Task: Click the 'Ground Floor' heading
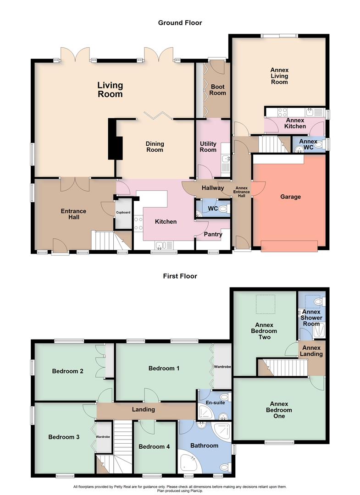180,22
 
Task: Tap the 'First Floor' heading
180,276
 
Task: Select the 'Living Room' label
110,89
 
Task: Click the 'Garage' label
290,197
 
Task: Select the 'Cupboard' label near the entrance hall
123,213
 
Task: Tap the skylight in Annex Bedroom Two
263,304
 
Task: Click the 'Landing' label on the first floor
143,409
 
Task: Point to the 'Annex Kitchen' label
295,123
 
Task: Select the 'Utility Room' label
208,147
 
